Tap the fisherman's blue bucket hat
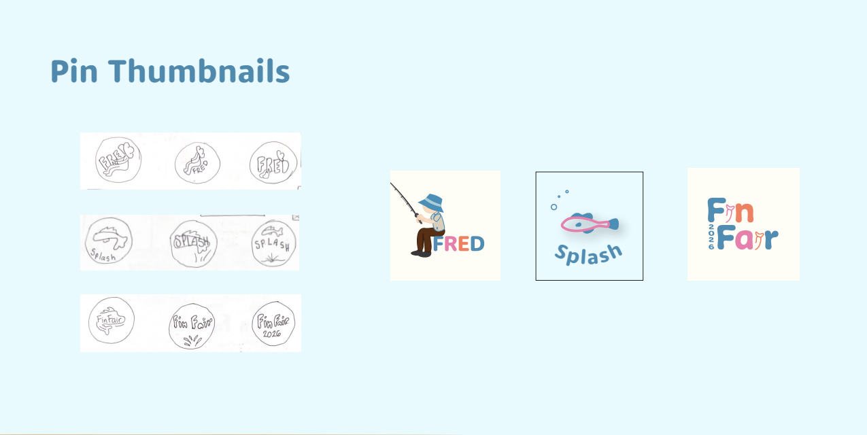(431, 203)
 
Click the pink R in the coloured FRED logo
(451, 243)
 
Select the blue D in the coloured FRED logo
(477, 243)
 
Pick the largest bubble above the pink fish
(554, 207)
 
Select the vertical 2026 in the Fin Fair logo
(711, 236)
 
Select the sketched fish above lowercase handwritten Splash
(109, 234)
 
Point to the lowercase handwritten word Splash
(103, 257)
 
